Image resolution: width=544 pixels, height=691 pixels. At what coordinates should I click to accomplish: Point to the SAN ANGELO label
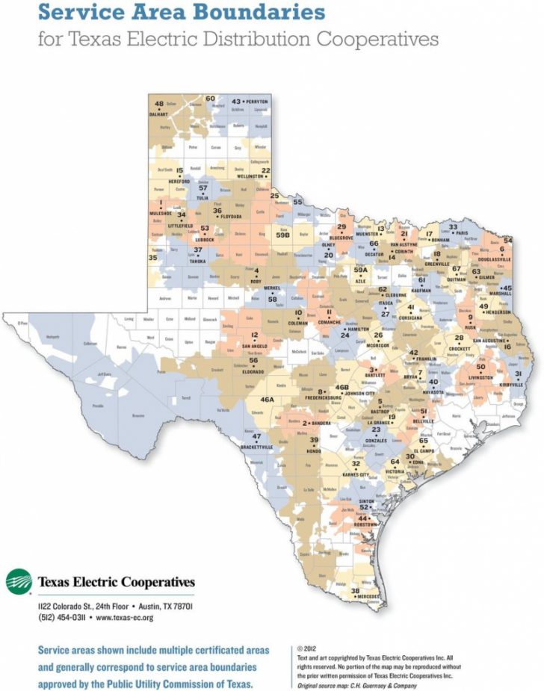[x=256, y=347]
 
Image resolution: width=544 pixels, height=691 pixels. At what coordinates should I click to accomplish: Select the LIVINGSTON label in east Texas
[x=481, y=377]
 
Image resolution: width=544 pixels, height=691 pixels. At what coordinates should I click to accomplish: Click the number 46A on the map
[x=267, y=400]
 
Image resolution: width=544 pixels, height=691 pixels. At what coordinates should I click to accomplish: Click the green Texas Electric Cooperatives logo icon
[x=19, y=581]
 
